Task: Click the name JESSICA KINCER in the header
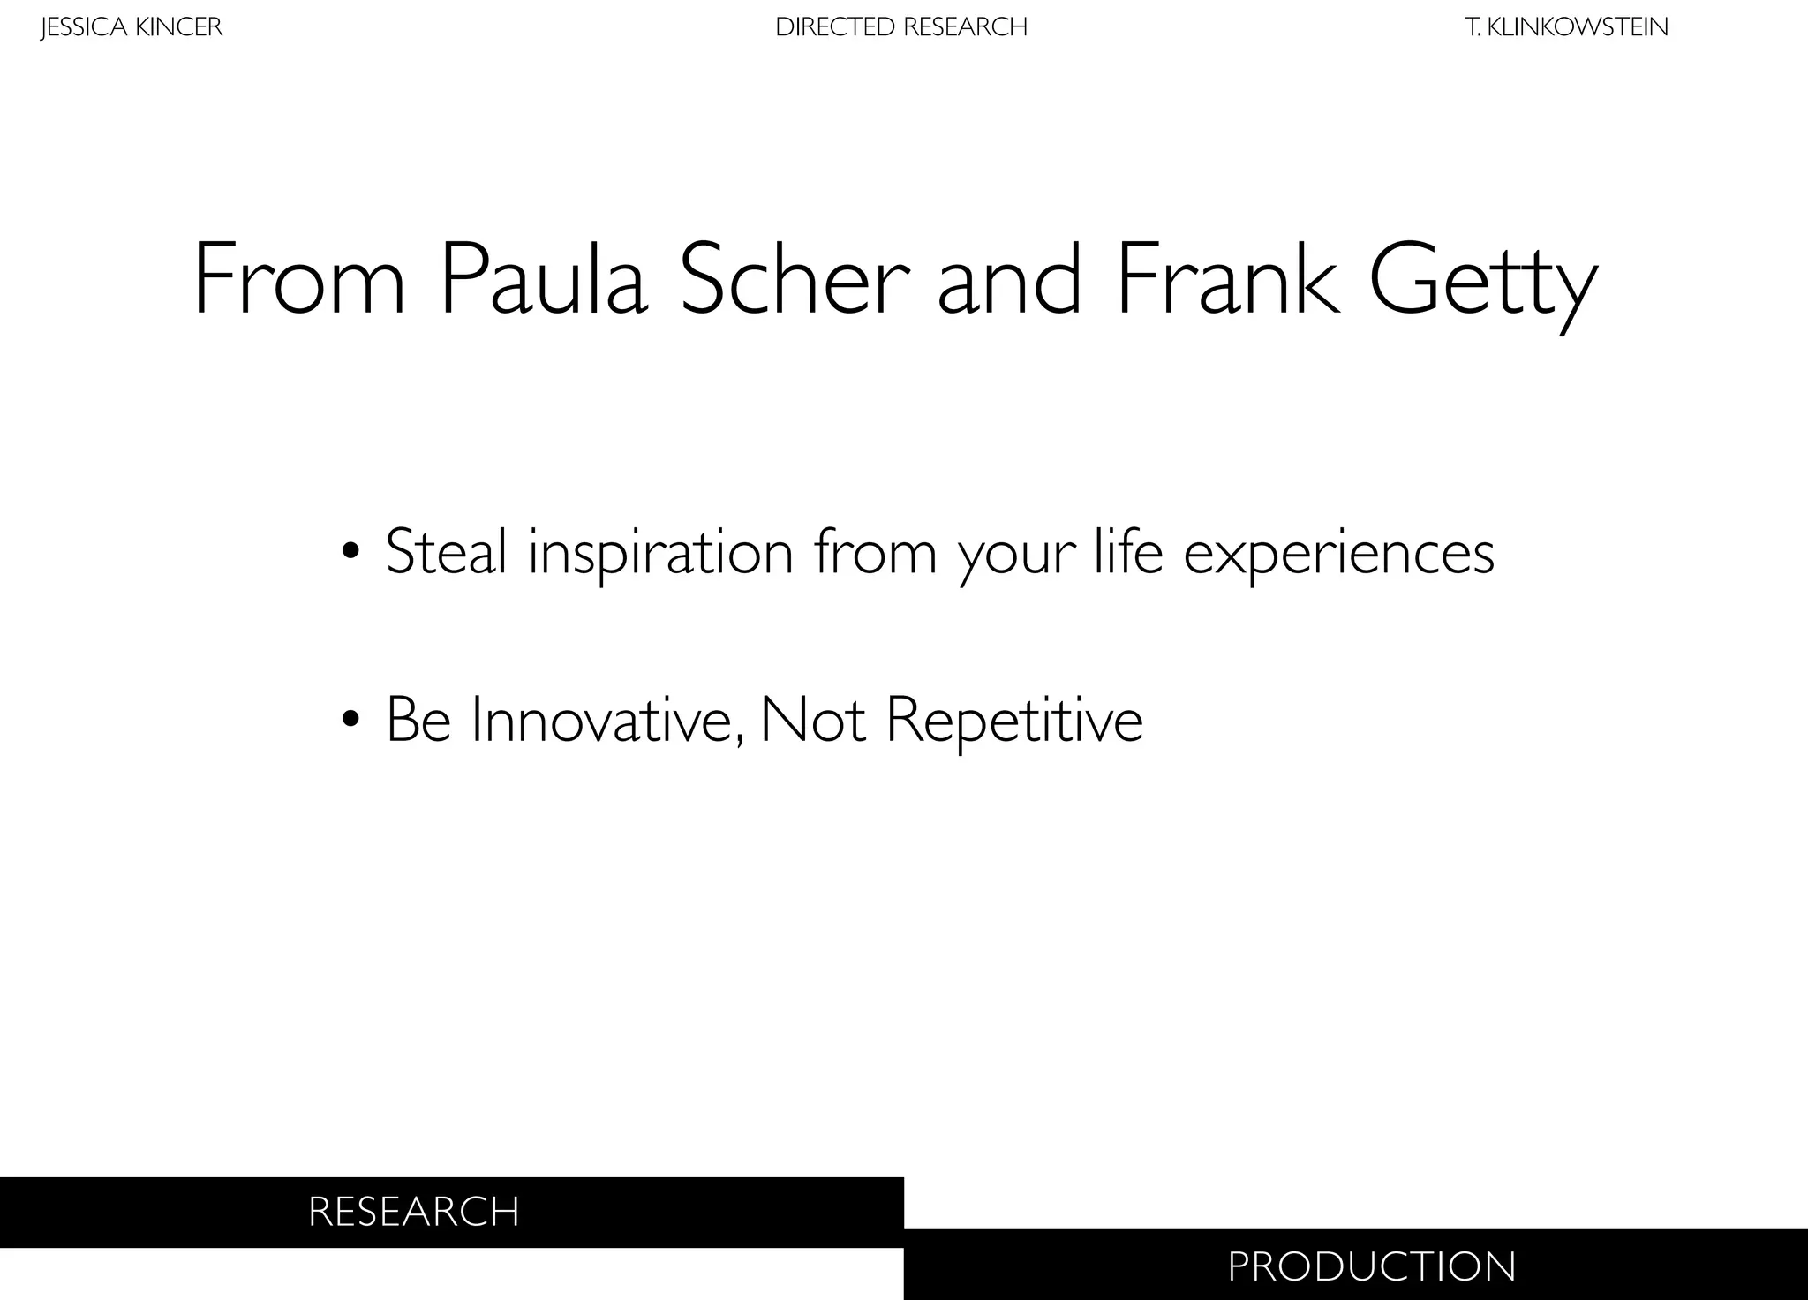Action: coord(132,27)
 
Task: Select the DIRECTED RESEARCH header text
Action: coord(901,27)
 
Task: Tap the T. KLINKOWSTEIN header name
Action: coord(1567,27)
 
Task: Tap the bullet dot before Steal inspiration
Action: coord(350,552)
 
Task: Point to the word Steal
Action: coord(446,552)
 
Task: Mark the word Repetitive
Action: coord(1014,722)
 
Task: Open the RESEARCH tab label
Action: coord(414,1212)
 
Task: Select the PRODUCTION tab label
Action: coord(1372,1266)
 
